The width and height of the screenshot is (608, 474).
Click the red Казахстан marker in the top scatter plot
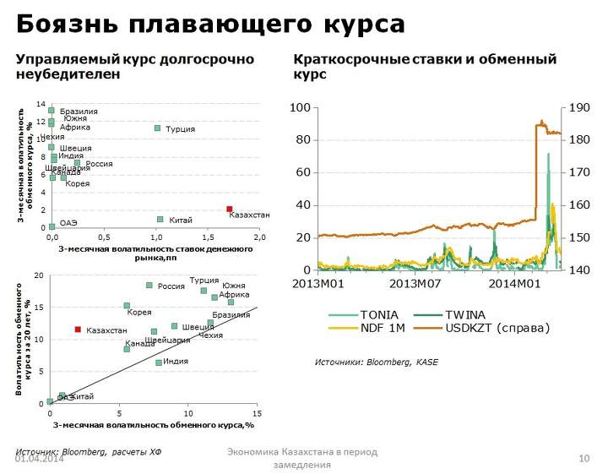coord(229,210)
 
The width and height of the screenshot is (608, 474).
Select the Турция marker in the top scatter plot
coord(157,128)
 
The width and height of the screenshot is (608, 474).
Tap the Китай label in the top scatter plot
coord(181,221)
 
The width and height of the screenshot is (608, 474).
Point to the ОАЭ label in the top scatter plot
coord(68,222)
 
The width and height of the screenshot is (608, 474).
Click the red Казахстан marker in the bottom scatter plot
coord(78,330)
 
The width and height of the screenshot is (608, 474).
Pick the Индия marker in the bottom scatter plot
coord(159,362)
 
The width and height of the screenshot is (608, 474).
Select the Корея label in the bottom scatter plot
coord(139,313)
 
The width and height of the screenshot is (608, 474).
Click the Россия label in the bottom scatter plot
coord(171,286)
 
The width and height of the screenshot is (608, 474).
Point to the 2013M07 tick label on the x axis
coord(414,283)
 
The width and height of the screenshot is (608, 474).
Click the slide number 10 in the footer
coord(584,458)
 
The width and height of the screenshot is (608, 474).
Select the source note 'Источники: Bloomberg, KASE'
coord(377,362)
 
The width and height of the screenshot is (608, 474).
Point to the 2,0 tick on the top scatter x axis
coord(259,238)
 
